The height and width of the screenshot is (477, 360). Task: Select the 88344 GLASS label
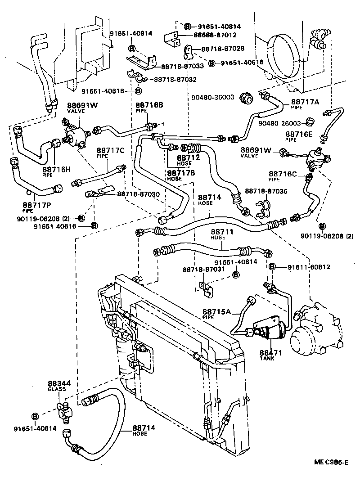57,387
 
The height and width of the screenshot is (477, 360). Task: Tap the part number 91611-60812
308,267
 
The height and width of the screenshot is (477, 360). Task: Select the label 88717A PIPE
305,104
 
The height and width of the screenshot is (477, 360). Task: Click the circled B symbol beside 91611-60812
272,267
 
